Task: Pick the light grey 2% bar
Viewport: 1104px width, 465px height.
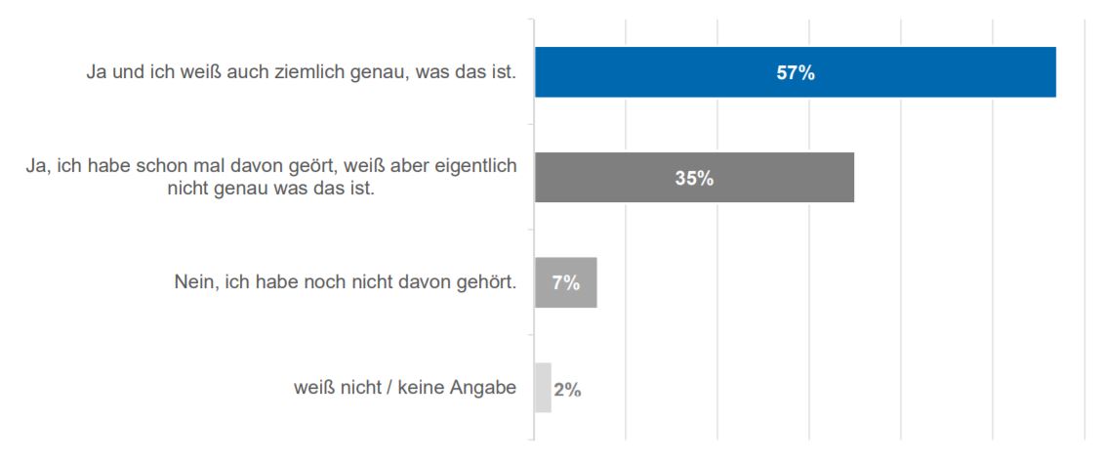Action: pos(543,388)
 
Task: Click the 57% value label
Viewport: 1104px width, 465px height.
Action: pos(796,73)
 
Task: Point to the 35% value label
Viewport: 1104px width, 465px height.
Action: pos(694,178)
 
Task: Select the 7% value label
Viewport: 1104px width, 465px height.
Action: pos(566,283)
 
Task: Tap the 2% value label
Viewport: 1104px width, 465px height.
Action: pos(567,389)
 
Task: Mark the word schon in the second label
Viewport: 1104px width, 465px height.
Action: pos(157,167)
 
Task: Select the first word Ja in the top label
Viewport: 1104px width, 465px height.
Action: pos(96,73)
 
